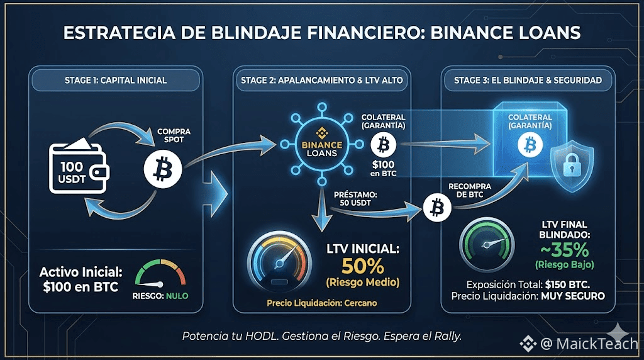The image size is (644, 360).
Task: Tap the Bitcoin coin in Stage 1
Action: point(163,168)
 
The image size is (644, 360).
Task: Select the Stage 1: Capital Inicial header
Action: point(116,80)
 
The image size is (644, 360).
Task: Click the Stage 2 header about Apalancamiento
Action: point(322,80)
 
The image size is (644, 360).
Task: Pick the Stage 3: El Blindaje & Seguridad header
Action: point(528,80)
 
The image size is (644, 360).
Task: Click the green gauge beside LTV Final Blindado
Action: point(484,242)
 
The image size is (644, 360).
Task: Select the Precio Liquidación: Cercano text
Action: point(321,303)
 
